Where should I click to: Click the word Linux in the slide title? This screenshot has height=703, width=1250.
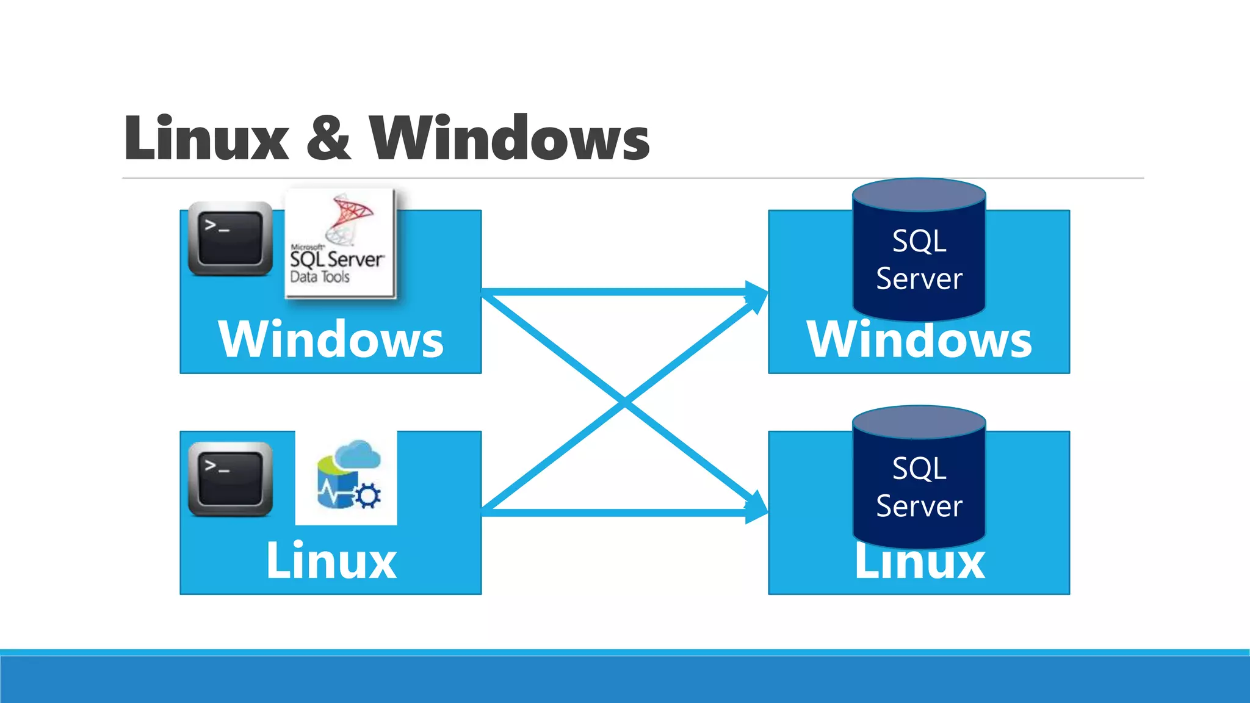206,139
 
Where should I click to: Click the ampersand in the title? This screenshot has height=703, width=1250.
328,139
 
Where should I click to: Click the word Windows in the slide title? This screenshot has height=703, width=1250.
510,139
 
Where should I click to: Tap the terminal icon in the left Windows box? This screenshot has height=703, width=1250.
230,239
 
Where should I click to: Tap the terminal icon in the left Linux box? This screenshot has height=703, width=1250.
230,479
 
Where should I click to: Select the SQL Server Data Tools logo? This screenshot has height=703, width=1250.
340,243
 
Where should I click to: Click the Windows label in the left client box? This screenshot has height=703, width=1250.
331,339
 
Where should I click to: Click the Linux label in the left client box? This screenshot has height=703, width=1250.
331,560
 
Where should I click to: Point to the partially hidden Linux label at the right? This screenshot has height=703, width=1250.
919,564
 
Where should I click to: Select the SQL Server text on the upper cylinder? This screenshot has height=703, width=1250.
919,259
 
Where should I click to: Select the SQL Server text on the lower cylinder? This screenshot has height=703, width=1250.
919,487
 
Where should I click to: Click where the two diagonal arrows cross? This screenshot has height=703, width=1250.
625,402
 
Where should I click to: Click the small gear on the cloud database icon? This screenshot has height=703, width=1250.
368,496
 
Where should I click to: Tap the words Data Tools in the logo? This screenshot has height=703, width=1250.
320,277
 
